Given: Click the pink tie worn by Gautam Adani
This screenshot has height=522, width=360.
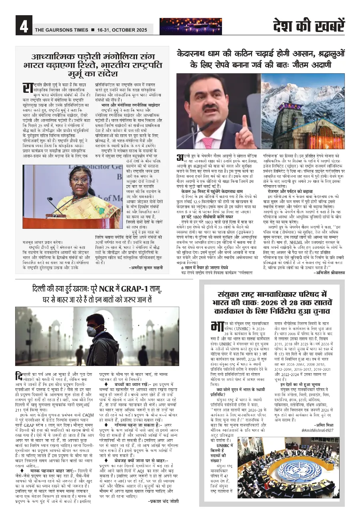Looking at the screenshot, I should click(208, 142).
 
